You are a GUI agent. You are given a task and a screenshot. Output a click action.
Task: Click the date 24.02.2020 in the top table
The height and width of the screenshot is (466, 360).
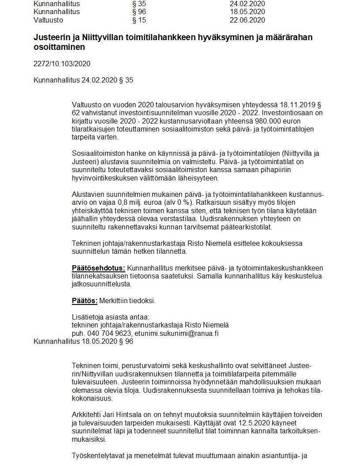247,4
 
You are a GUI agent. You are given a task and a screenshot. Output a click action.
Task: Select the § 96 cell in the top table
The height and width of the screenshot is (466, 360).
139,11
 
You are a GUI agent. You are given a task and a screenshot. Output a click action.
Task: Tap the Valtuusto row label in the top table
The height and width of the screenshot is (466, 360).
48,20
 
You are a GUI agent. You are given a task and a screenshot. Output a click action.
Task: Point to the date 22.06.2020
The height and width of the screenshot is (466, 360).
247,20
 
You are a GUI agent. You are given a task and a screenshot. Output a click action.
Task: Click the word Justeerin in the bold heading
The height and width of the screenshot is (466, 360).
52,38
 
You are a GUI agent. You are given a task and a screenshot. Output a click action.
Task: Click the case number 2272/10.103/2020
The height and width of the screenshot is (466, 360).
62,64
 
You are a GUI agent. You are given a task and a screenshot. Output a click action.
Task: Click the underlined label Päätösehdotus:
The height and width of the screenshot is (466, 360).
98,268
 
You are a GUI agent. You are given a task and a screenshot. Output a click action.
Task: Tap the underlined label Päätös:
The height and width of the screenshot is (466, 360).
85,301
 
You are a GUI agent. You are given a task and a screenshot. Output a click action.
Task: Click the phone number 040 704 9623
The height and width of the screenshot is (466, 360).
109,333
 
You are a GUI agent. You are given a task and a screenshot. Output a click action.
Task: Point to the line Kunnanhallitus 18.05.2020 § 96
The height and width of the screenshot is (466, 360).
83,341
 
